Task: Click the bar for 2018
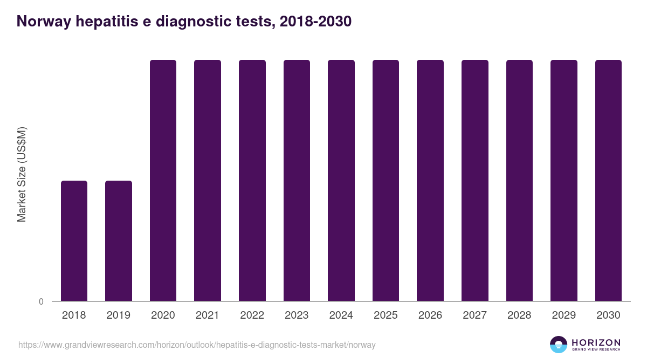pos(74,241)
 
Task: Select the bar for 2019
pos(119,241)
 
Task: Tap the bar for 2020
pos(163,180)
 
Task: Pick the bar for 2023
pos(297,180)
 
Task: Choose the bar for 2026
pos(430,180)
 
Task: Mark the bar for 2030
pos(608,180)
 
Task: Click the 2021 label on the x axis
pos(208,315)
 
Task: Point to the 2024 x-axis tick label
pos(341,315)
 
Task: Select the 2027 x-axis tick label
pos(475,315)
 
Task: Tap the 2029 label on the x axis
pos(563,315)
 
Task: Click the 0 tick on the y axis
pos(41,301)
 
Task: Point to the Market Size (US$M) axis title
pos(22,175)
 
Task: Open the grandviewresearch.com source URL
pos(197,345)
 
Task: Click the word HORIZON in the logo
pos(596,342)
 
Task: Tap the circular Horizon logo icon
pos(559,345)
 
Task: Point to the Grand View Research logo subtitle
pos(596,349)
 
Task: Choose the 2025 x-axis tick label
pos(386,315)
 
